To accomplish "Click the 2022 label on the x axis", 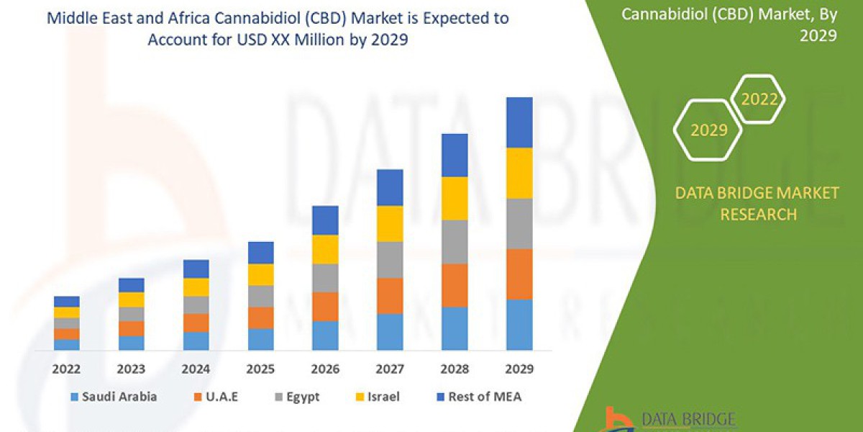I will pos(66,369).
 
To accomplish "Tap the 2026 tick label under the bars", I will pos(325,369).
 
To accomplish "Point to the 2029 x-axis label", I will pos(519,369).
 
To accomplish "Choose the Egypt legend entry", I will pos(298,397).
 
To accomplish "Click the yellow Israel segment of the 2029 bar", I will pos(519,173).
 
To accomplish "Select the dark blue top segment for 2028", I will pos(455,155).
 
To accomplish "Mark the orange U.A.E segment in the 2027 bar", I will pos(390,295).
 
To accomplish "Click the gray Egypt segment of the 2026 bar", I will pos(325,277).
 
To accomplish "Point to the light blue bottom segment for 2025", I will pos(260,339).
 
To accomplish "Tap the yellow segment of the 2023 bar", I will pos(131,300).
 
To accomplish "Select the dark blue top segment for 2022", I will pos(66,301).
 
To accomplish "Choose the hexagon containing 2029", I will pos(708,130).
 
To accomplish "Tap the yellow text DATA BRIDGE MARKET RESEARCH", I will pos(757,203).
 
